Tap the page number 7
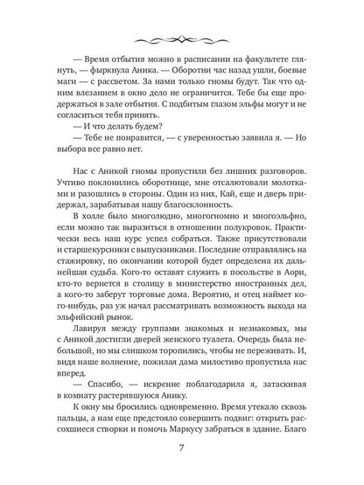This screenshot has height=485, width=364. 182,454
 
